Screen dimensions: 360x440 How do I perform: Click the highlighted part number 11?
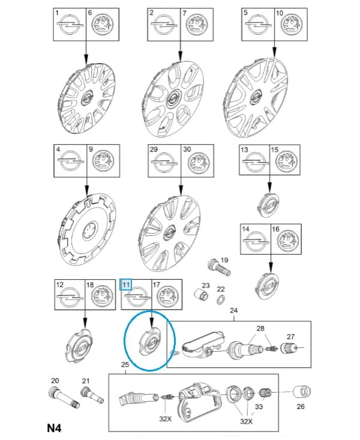[x=126, y=285]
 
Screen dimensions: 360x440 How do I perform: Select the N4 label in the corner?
[x=54, y=428]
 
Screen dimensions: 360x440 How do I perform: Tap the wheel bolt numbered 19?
[x=219, y=267]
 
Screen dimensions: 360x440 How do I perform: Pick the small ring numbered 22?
[x=221, y=300]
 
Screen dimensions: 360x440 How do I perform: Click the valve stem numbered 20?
[x=64, y=397]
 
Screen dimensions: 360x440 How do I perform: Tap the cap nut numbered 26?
[x=302, y=392]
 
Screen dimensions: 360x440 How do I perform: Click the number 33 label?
[x=259, y=406]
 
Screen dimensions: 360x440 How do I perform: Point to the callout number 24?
[x=234, y=310]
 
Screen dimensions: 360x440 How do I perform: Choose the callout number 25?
[x=125, y=364]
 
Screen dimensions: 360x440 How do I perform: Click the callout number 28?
[x=260, y=328]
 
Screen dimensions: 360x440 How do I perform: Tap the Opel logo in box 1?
[x=70, y=25]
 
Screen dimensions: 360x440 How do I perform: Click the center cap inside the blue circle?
[x=150, y=342]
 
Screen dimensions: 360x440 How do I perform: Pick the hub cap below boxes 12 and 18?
[x=79, y=345]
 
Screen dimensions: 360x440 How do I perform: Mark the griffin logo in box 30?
[x=199, y=163]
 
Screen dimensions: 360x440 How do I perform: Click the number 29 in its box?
[x=154, y=149]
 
